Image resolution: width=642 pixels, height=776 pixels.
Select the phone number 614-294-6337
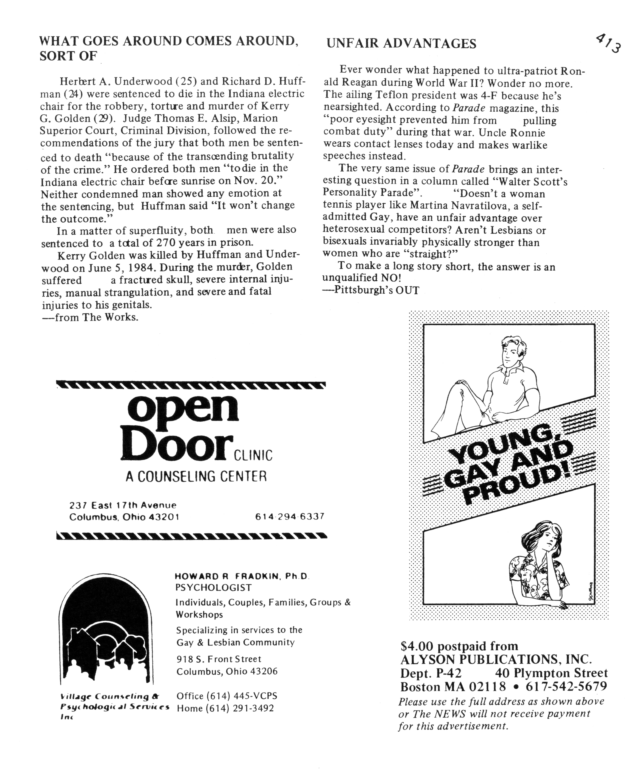[289, 516]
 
